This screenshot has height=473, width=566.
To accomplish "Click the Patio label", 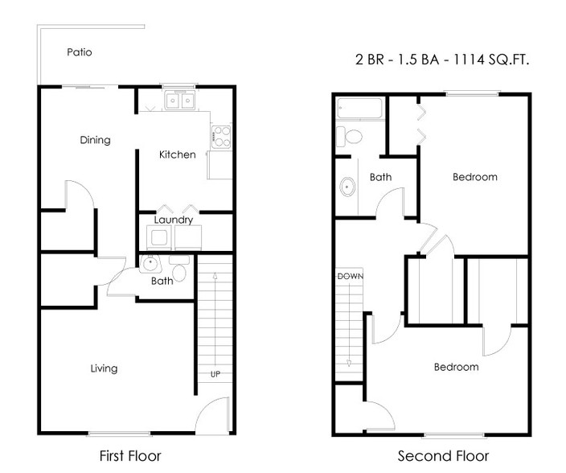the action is click(80, 52).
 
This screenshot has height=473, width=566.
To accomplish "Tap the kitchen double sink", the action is click(180, 100).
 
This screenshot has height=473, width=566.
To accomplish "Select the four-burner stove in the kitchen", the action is click(221, 137).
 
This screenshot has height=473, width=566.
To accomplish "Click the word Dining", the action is click(96, 140).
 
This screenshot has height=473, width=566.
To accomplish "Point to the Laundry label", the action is click(174, 220).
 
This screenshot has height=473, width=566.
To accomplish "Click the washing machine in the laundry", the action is click(159, 236).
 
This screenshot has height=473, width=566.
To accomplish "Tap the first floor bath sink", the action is click(150, 264).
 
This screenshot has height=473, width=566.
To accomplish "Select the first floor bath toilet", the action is click(179, 268).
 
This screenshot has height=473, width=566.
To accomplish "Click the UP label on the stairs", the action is click(215, 374).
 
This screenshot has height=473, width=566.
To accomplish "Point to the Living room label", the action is click(104, 368).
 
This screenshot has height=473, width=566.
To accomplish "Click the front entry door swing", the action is click(212, 414).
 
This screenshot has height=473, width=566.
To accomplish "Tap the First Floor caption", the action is click(130, 456).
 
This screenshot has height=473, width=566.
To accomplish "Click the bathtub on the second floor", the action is click(359, 108).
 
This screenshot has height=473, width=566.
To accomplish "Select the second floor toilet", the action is click(349, 137).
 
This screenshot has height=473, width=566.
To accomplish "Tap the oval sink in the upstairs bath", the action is click(347, 187).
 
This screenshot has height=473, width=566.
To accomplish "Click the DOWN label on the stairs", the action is click(351, 277).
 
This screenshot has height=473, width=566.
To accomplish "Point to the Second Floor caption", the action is click(443, 456).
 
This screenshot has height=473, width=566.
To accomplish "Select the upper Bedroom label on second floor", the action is click(475, 177).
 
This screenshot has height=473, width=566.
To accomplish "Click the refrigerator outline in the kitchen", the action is click(219, 165).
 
